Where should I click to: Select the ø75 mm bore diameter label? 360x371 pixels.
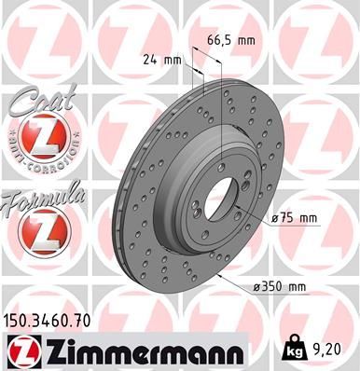click(x=296, y=218)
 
